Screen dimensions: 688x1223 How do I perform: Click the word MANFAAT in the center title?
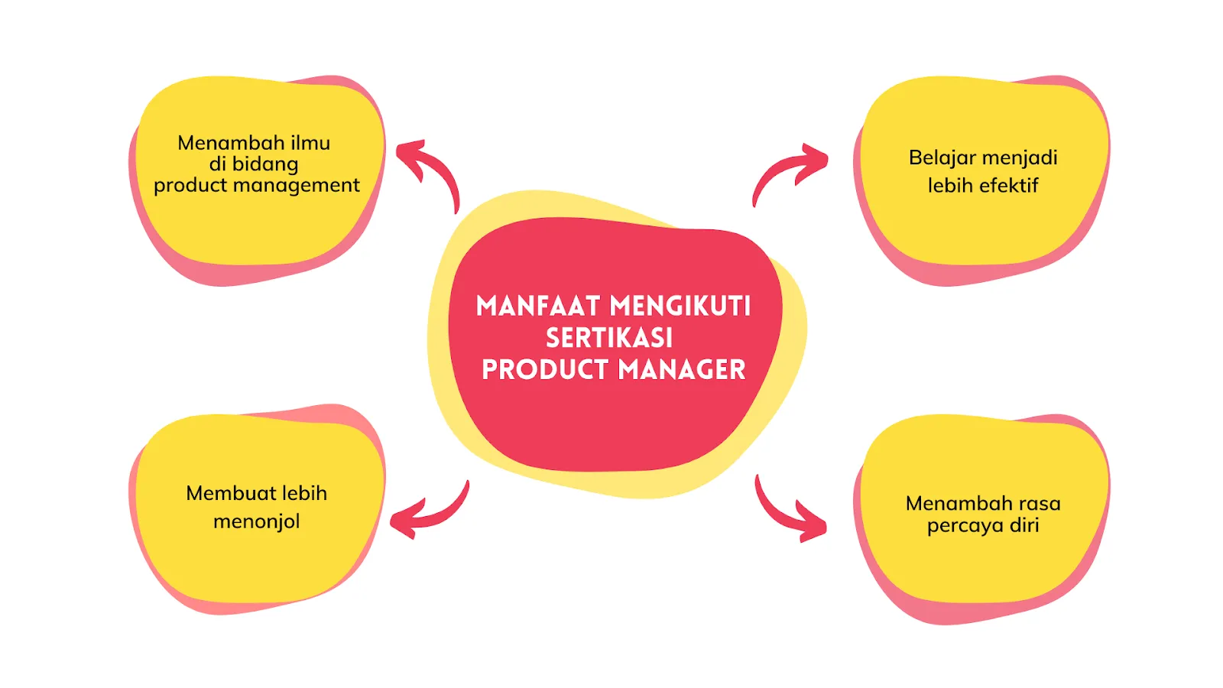coord(537,307)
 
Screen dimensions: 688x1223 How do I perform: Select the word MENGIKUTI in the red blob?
coord(680,307)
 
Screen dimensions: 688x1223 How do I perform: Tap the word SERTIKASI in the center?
coord(609,338)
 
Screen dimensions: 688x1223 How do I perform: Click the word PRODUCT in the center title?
coord(544,370)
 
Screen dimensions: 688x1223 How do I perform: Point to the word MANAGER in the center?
coord(682,370)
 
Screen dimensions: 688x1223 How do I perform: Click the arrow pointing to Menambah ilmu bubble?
coord(430,170)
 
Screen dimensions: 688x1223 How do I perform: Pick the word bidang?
coord(264,164)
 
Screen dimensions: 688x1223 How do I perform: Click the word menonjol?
coord(256,521)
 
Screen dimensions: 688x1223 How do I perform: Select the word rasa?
coord(1039,504)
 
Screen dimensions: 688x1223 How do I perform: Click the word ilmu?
coord(310,143)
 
